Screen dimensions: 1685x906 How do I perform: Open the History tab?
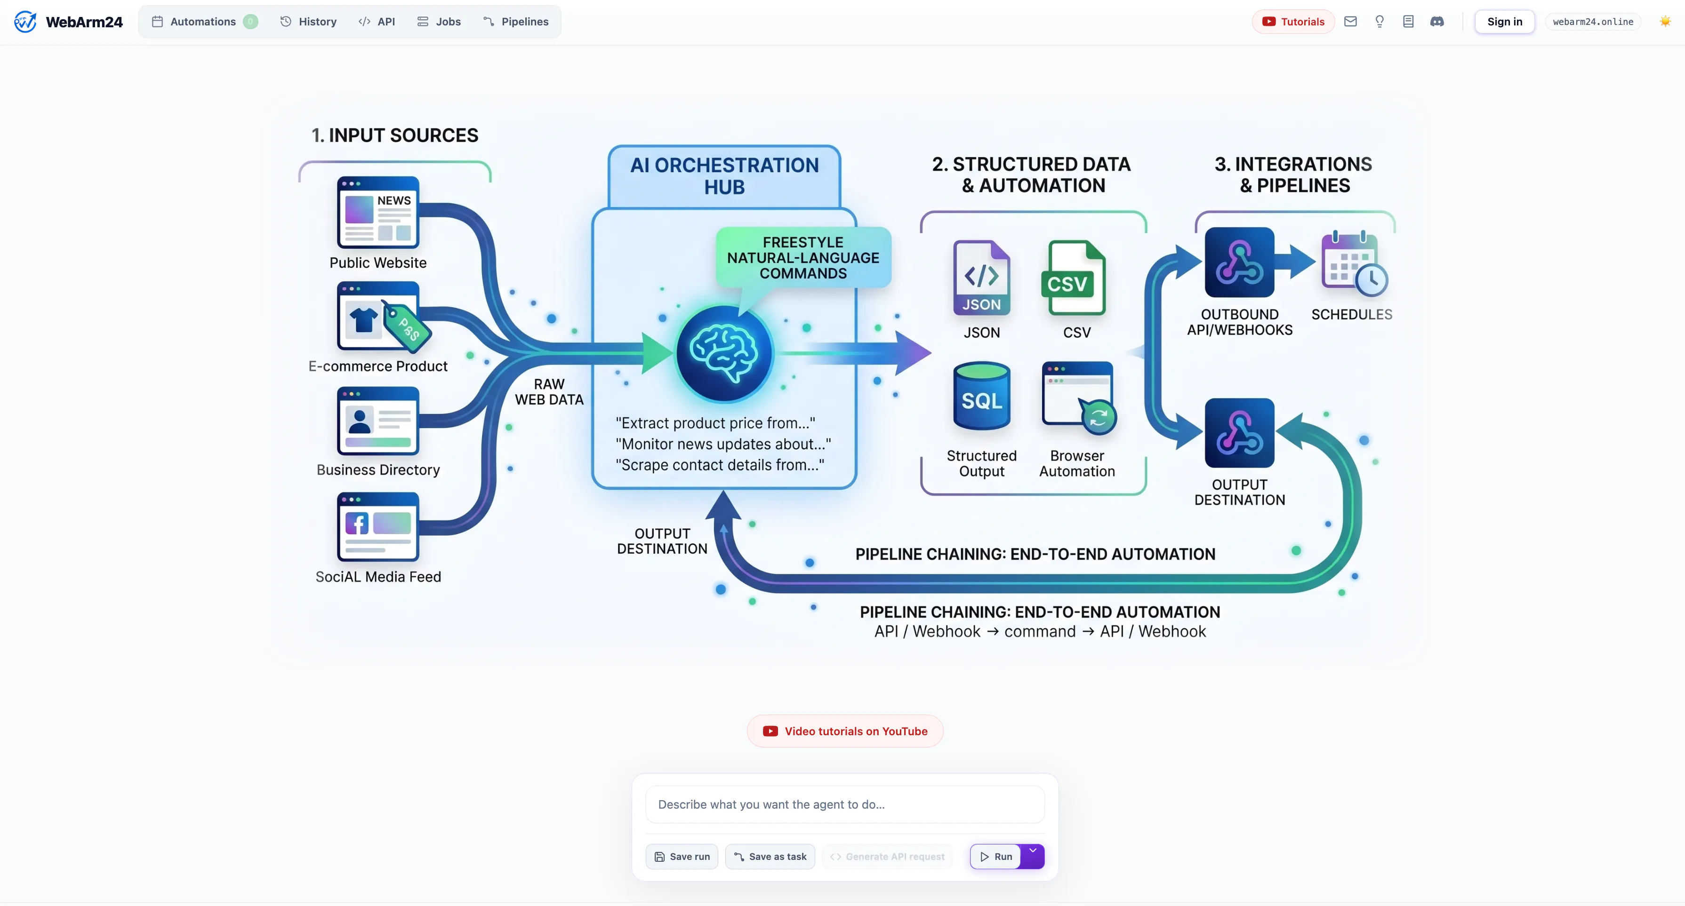[x=308, y=22]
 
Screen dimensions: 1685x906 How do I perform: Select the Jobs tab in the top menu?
[x=439, y=22]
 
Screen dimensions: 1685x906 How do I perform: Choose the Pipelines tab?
[x=516, y=22]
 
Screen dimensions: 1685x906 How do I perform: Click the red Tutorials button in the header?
[x=1293, y=22]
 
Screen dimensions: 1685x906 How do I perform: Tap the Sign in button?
[x=1504, y=22]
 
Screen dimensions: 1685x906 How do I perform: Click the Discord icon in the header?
[x=1437, y=22]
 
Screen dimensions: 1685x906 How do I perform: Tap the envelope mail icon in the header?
[x=1350, y=22]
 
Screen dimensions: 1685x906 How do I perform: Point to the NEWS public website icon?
[x=378, y=213]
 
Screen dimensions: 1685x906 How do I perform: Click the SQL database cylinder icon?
[x=982, y=396]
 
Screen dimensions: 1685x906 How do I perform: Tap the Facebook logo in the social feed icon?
[x=357, y=523]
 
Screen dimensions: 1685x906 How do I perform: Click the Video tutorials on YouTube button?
[x=845, y=731]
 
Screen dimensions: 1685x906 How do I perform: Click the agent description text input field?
[x=845, y=804]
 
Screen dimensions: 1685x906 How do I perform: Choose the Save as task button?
[x=770, y=856]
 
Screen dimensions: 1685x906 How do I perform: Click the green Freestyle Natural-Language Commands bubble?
[x=803, y=258]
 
